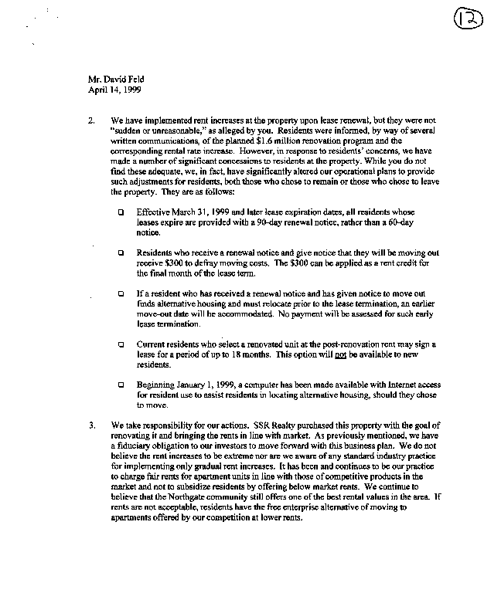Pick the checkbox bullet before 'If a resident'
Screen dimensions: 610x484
[121, 294]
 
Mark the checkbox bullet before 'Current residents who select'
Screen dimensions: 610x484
[121, 344]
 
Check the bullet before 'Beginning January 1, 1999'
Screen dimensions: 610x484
[121, 385]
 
